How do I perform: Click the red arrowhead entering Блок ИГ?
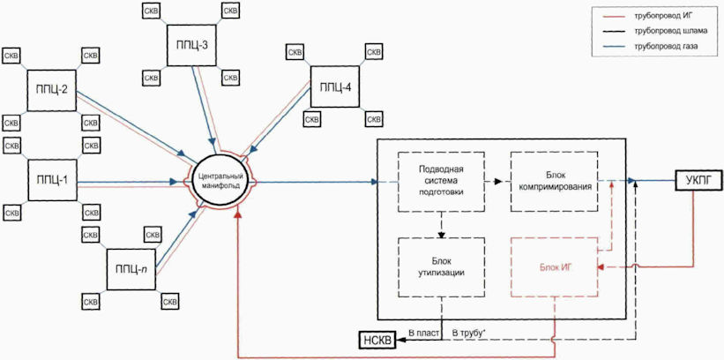601,267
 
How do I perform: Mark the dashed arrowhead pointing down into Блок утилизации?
442,235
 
